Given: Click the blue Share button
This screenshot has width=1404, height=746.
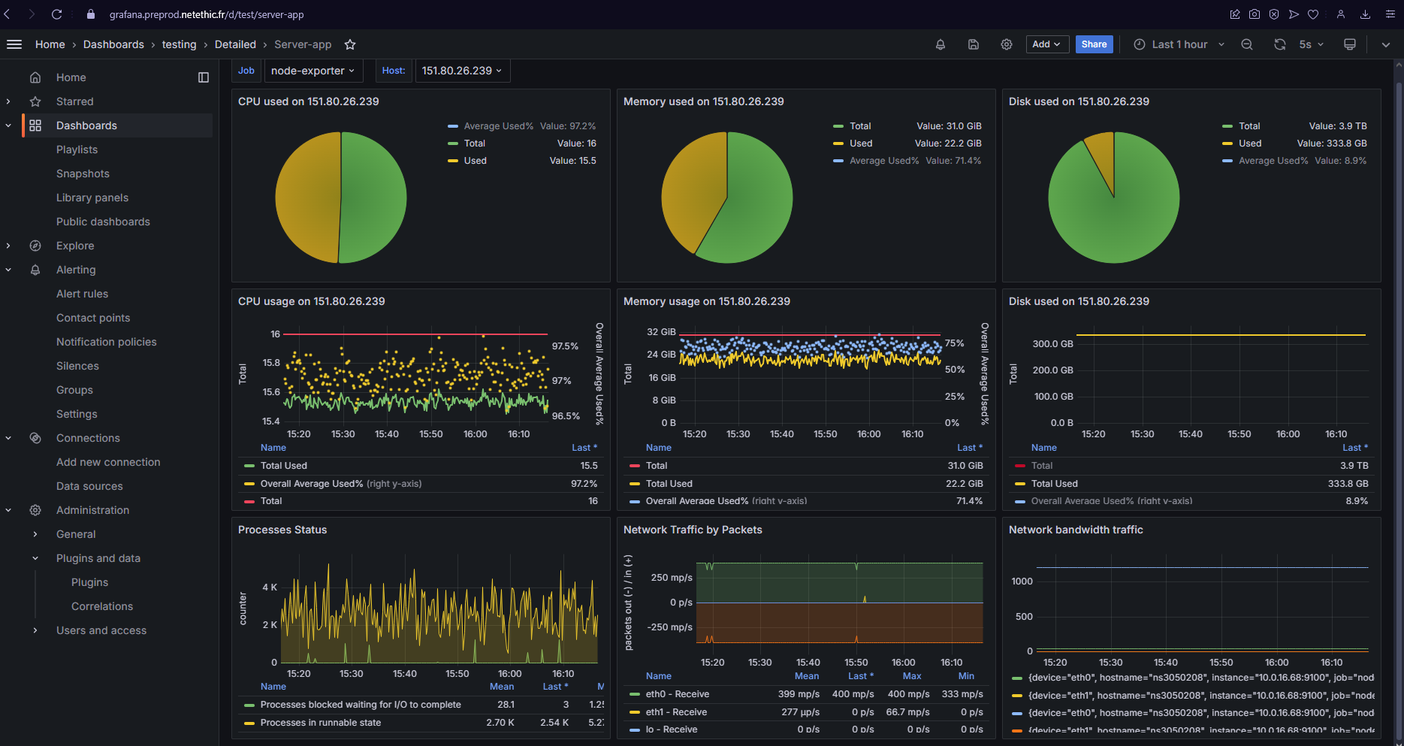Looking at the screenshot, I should point(1094,44).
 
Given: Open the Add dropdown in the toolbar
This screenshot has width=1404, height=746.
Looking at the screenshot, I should point(1046,44).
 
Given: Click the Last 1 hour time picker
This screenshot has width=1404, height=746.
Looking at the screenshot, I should point(1179,44).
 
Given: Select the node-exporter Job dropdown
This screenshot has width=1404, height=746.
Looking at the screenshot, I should point(313,71).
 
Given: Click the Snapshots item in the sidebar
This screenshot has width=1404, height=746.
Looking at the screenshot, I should point(83,174).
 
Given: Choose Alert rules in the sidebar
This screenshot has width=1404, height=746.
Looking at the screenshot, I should point(82,294).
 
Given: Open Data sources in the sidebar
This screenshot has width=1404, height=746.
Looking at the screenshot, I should point(89,486).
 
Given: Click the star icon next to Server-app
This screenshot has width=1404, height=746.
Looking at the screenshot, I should point(350,44).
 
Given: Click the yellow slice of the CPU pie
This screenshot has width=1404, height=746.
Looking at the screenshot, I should point(304,197).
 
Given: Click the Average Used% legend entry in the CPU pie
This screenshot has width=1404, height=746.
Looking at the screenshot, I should point(498,126).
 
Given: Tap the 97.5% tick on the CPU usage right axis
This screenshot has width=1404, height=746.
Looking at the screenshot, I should point(565,346).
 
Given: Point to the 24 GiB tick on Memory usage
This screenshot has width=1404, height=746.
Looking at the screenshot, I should point(662,355).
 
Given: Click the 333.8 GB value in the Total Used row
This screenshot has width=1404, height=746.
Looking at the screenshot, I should point(1348,484).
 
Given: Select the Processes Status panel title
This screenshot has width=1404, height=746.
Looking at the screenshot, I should point(282,530).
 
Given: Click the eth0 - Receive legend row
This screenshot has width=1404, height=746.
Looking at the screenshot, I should point(677,694).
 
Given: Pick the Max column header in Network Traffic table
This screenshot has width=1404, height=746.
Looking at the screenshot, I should point(911,676).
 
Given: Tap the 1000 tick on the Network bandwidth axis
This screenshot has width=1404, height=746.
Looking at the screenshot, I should point(1022,581).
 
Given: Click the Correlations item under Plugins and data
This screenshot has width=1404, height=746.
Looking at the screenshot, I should point(102,606).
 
